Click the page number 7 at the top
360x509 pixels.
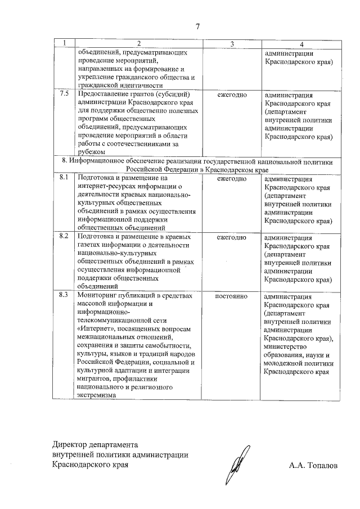(197, 26)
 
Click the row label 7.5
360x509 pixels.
(64, 94)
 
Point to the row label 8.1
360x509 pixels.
(64, 178)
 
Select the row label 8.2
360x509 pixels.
(64, 237)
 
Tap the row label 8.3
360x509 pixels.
(64, 295)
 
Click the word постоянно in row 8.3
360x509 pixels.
(232, 295)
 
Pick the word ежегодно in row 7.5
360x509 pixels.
(232, 94)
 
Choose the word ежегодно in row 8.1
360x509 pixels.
(232, 178)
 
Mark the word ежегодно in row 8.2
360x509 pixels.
(232, 237)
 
